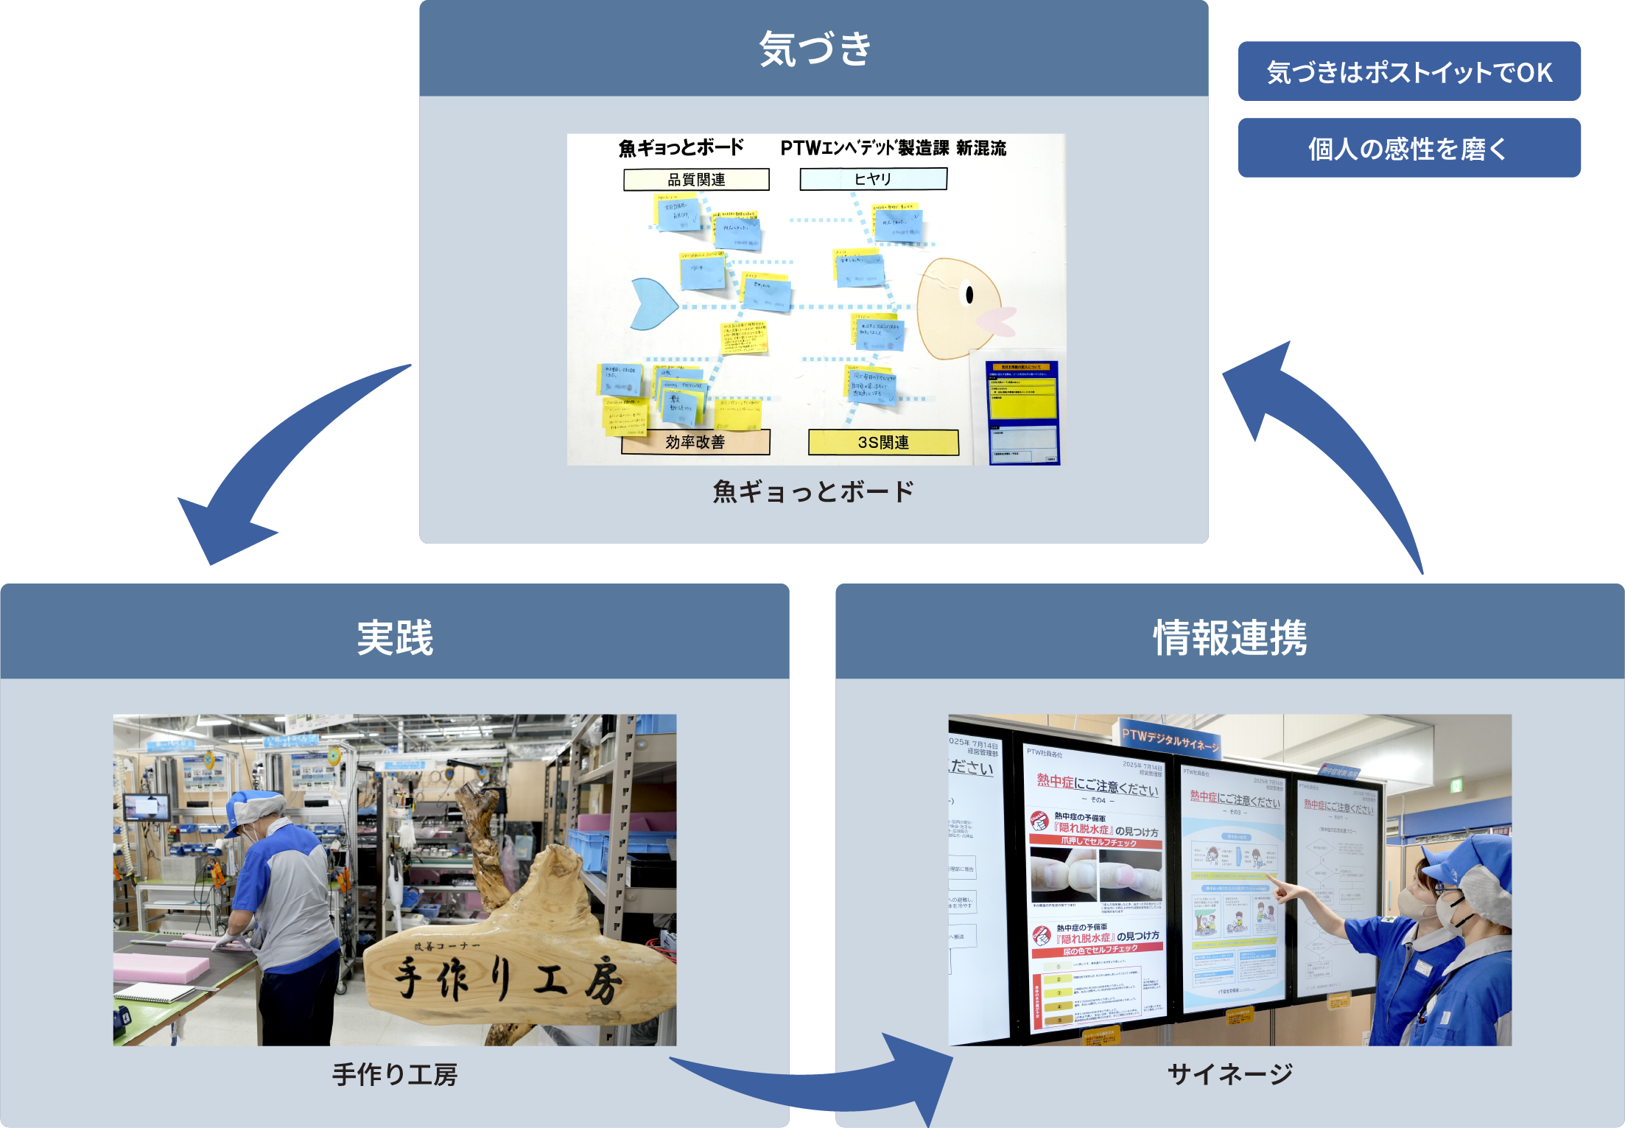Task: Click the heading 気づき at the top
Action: click(815, 49)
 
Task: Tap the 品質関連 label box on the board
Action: click(696, 179)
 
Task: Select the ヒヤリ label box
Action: click(873, 178)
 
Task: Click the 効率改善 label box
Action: click(695, 442)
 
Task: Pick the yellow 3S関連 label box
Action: click(883, 442)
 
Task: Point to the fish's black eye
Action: click(969, 295)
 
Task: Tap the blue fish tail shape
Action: click(652, 304)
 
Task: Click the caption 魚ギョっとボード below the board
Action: click(813, 491)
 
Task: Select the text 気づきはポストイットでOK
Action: click(1410, 73)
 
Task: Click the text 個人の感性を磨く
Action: click(1408, 149)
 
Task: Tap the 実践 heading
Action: click(395, 637)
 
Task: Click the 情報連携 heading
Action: click(1229, 637)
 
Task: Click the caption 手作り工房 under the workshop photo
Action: click(395, 1074)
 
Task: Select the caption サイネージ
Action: click(1229, 1074)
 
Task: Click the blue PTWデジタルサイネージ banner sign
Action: click(1170, 740)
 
